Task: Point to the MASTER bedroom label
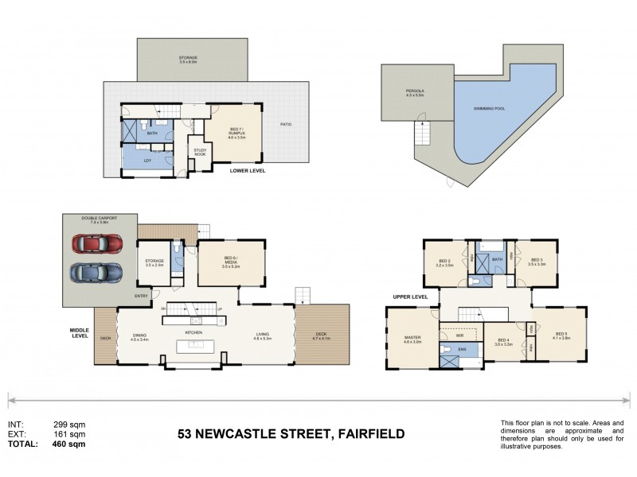pos(412,338)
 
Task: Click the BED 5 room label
pos(561,334)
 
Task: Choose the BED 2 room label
pos(445,262)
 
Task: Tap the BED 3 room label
pos(537,261)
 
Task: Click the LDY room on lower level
pos(147,161)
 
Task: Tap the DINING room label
pos(139,335)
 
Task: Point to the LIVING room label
pos(263,335)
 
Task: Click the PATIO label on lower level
pos(285,124)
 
